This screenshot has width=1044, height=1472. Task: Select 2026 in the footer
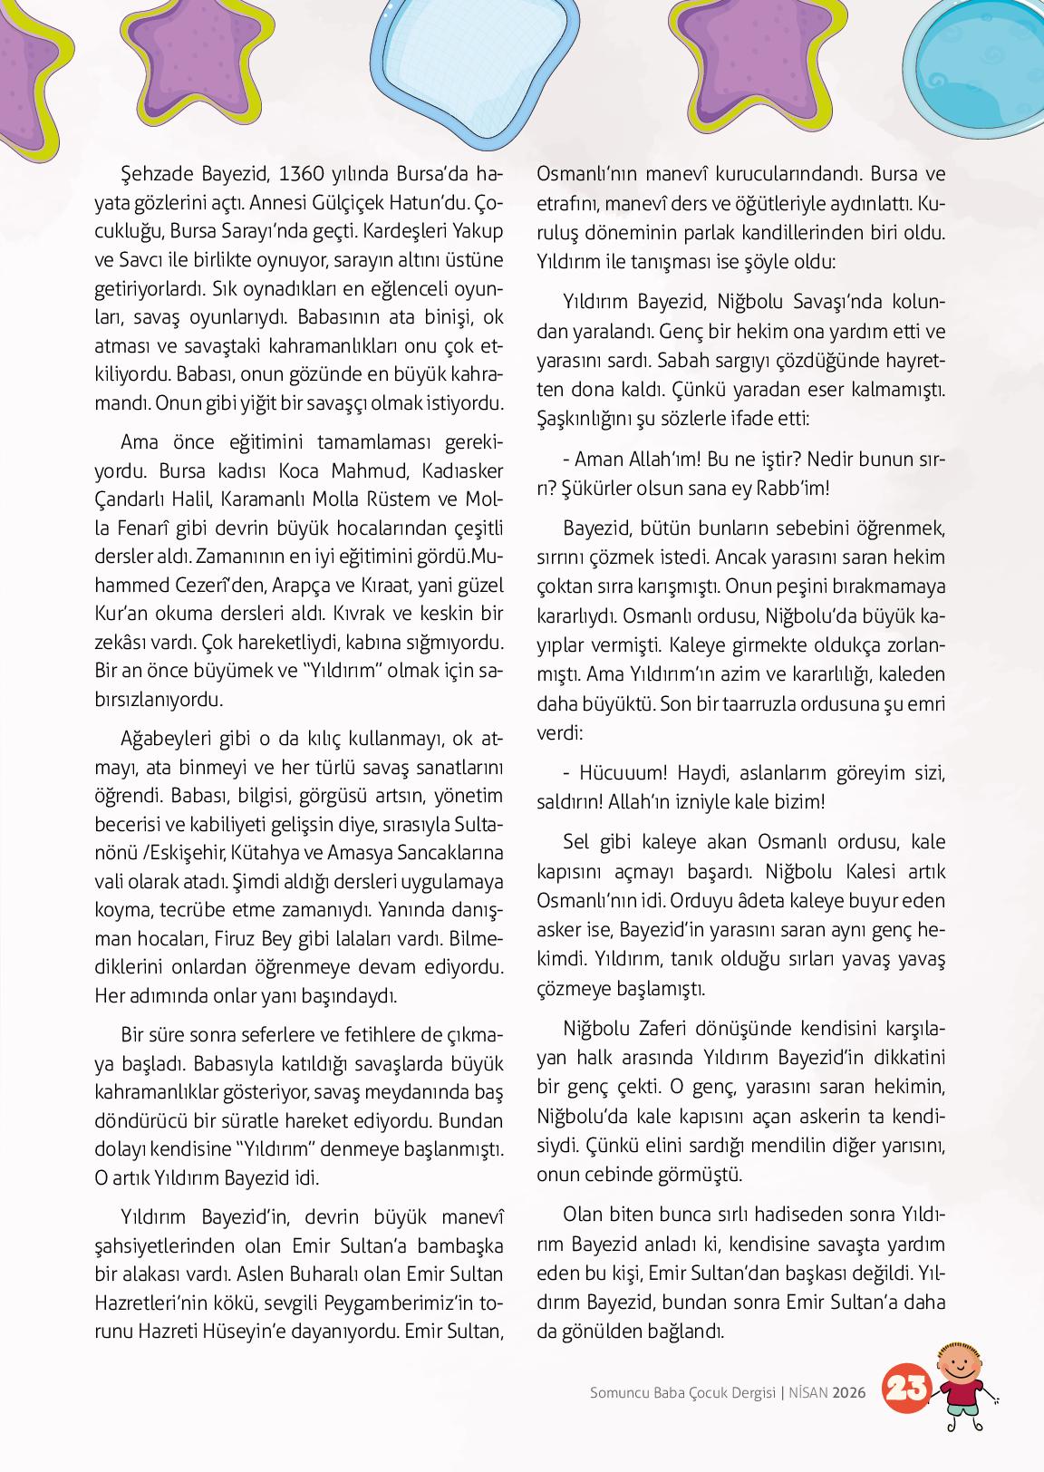850,1392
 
